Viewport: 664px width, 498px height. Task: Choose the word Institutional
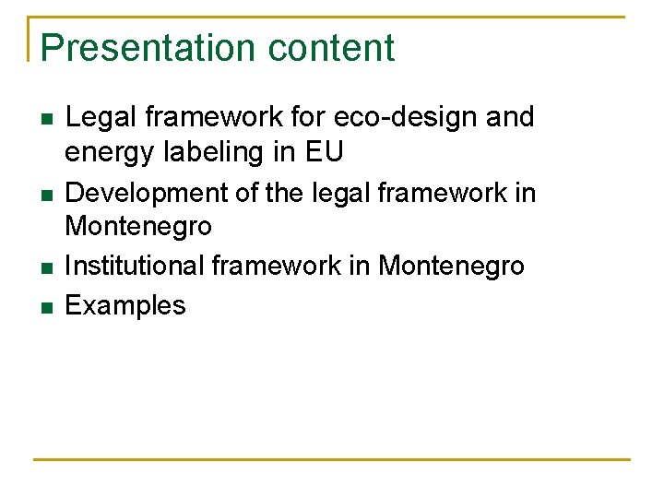click(x=135, y=266)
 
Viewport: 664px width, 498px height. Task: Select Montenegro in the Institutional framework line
click(x=451, y=266)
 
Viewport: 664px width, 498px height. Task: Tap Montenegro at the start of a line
click(x=138, y=225)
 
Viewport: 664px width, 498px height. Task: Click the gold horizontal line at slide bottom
click(x=332, y=459)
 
